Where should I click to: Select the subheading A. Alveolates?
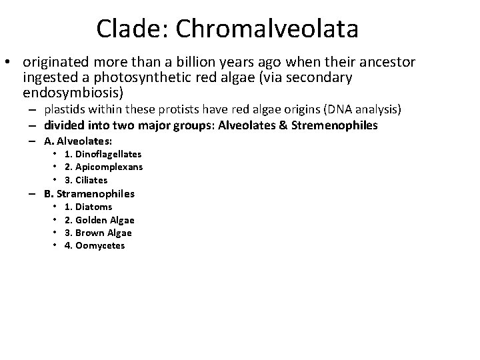point(78,141)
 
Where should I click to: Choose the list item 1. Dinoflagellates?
point(103,154)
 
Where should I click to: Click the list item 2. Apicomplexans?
point(103,167)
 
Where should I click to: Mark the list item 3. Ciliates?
point(86,180)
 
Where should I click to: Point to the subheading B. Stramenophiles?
point(89,194)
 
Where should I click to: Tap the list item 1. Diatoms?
point(88,207)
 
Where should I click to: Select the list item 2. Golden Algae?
point(99,220)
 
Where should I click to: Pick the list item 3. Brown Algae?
point(98,233)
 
